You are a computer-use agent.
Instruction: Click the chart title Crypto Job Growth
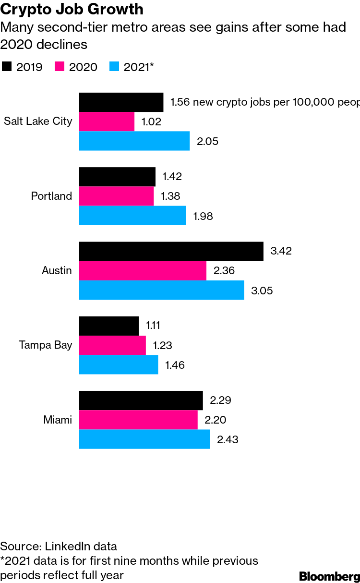point(72,9)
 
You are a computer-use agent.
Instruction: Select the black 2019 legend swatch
point(6,67)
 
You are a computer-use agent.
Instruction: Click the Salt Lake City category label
point(38,121)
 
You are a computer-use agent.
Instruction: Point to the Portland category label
point(51,196)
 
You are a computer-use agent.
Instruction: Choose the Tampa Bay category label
point(46,345)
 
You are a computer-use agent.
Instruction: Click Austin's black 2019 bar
point(171,251)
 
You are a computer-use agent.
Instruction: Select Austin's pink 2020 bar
point(143,271)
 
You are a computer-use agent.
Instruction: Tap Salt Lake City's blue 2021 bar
point(134,141)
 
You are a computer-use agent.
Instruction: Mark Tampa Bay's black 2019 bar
point(109,326)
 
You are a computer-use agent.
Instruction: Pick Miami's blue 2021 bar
point(144,439)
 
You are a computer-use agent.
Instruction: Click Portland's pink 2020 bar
point(116,196)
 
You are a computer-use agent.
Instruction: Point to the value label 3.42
point(281,251)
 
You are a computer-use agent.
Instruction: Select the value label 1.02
point(151,121)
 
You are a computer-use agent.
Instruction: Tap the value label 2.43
point(228,439)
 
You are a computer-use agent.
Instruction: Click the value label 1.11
point(153,326)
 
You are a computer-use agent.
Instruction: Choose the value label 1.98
point(203,216)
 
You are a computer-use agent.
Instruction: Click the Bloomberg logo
point(329,576)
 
